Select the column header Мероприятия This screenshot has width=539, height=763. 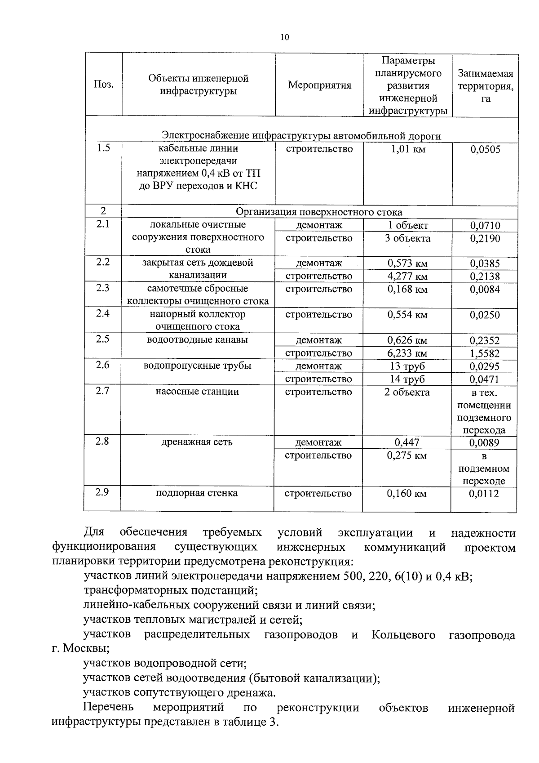click(x=319, y=85)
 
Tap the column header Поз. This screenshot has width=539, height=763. click(x=103, y=85)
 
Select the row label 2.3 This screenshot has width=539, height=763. click(x=103, y=288)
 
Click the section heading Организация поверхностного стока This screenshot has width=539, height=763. click(x=319, y=212)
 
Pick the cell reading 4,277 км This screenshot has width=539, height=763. click(x=407, y=276)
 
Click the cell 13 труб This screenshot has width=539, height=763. click(x=407, y=366)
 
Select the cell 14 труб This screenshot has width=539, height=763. click(x=407, y=379)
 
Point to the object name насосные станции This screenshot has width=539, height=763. click(x=197, y=392)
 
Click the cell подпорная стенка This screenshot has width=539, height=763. click(x=197, y=493)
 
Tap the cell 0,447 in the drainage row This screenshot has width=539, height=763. click(x=407, y=442)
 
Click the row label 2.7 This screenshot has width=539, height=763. click(x=102, y=391)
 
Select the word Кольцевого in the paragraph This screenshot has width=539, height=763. click(x=403, y=635)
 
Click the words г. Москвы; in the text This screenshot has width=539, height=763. click(x=81, y=649)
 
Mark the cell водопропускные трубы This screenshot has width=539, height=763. click(x=197, y=366)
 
